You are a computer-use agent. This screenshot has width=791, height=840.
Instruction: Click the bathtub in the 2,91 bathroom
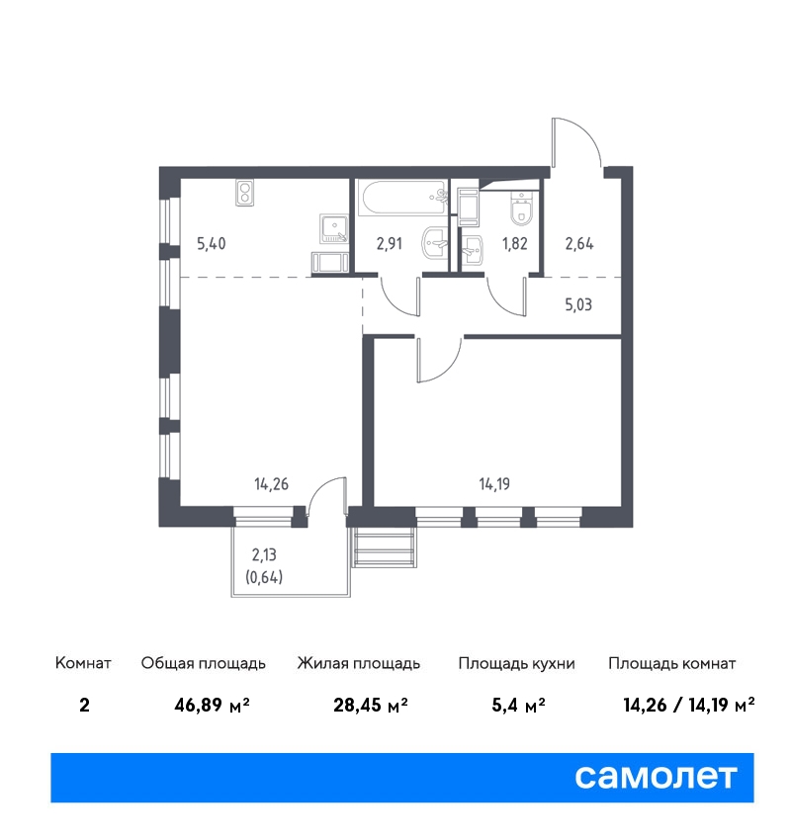click(x=403, y=199)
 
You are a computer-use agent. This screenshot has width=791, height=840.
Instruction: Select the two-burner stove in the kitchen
click(x=244, y=193)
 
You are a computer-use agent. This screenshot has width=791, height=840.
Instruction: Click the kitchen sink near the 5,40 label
click(x=334, y=228)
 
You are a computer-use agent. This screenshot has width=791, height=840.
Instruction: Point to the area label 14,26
click(x=271, y=484)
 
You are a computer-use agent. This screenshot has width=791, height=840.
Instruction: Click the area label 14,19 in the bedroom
click(x=494, y=484)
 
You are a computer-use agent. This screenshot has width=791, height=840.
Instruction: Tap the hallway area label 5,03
click(x=578, y=304)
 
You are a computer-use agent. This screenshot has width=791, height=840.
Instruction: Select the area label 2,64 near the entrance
click(x=579, y=244)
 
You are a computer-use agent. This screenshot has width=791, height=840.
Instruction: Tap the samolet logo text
click(x=656, y=777)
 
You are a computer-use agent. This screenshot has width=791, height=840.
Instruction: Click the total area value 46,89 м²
click(x=212, y=705)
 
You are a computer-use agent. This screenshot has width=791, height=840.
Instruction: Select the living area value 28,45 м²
click(x=371, y=705)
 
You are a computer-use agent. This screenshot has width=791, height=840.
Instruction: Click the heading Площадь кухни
click(x=516, y=664)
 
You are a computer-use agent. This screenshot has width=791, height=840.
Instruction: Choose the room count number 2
click(x=84, y=705)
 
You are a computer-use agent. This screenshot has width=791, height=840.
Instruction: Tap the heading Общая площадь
click(x=203, y=664)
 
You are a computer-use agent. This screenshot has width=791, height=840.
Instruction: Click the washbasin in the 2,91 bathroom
click(x=435, y=243)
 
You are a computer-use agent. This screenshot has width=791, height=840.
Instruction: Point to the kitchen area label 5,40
click(x=212, y=244)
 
